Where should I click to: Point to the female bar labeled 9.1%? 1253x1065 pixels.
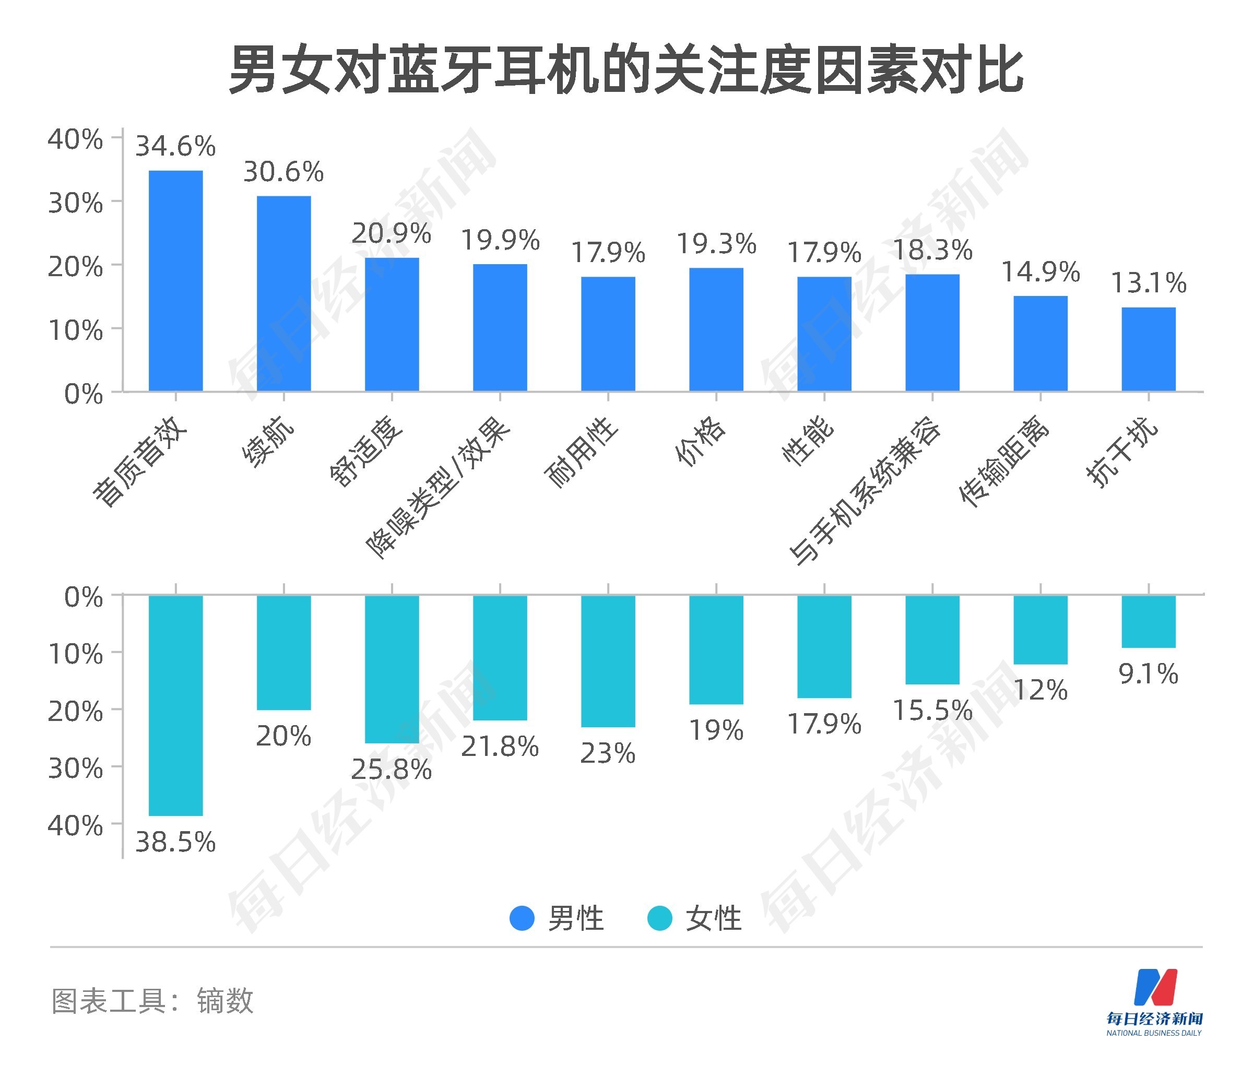[x=1148, y=621]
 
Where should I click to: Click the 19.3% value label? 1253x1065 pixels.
[x=716, y=244]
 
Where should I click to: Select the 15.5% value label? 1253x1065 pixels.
[x=932, y=710]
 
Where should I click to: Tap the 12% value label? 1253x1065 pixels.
[x=1041, y=690]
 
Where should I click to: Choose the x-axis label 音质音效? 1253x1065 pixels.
[x=140, y=462]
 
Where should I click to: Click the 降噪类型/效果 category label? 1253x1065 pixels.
[x=438, y=488]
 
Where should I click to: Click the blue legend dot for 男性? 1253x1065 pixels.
[x=522, y=918]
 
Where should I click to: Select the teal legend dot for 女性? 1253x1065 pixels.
[x=659, y=918]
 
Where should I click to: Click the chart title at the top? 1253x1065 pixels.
[x=626, y=71]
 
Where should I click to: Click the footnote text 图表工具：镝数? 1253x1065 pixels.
[x=152, y=1001]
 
